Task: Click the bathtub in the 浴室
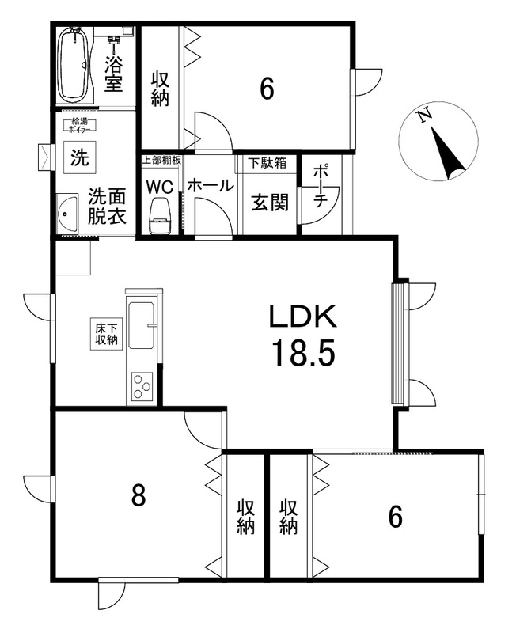point(75,66)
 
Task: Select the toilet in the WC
point(161,215)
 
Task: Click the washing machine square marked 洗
point(80,157)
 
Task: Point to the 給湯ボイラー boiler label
point(80,125)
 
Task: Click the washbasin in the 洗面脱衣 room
point(67,214)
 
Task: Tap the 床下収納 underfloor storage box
point(106,334)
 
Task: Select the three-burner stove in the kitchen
point(142,387)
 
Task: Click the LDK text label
point(303,316)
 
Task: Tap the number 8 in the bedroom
point(138,496)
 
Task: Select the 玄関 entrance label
point(270,203)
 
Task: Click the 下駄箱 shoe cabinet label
point(267,163)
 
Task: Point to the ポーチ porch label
point(320,186)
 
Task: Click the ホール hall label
point(211,186)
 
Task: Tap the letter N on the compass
point(424,116)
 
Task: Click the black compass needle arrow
point(447,153)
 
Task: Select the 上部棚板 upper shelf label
point(161,160)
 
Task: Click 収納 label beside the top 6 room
point(160,89)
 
